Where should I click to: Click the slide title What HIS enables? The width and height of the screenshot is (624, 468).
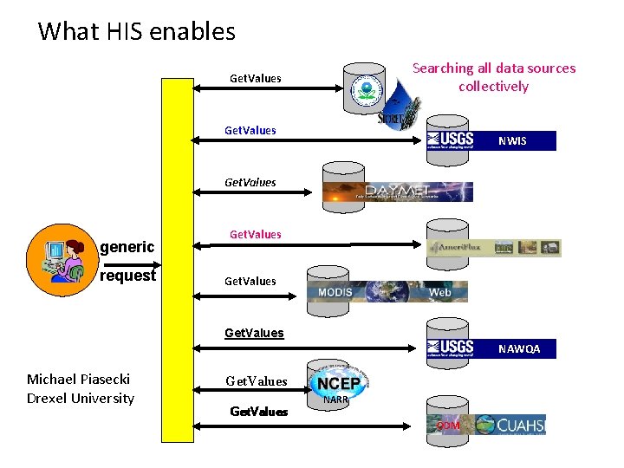pyautogui.click(x=137, y=32)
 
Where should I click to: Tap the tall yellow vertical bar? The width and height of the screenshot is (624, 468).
pyautogui.click(x=179, y=260)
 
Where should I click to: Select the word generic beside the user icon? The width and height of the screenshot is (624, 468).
pyautogui.click(x=128, y=248)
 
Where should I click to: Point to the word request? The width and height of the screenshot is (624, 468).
pyautogui.click(x=128, y=276)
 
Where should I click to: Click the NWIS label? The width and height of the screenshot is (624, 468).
pyautogui.click(x=511, y=140)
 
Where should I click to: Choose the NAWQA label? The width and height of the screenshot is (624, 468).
pyautogui.click(x=518, y=348)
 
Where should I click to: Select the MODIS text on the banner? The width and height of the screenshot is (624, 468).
pyautogui.click(x=335, y=292)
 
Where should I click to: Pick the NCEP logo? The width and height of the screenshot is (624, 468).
pyautogui.click(x=338, y=382)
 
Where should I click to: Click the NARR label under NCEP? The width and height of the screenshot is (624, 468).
pyautogui.click(x=335, y=400)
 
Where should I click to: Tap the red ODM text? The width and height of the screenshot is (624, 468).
pyautogui.click(x=448, y=425)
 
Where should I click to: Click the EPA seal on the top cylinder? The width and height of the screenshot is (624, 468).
pyautogui.click(x=365, y=91)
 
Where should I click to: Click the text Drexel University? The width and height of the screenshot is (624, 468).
pyautogui.click(x=81, y=399)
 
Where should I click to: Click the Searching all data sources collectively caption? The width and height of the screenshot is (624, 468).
pyautogui.click(x=493, y=77)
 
